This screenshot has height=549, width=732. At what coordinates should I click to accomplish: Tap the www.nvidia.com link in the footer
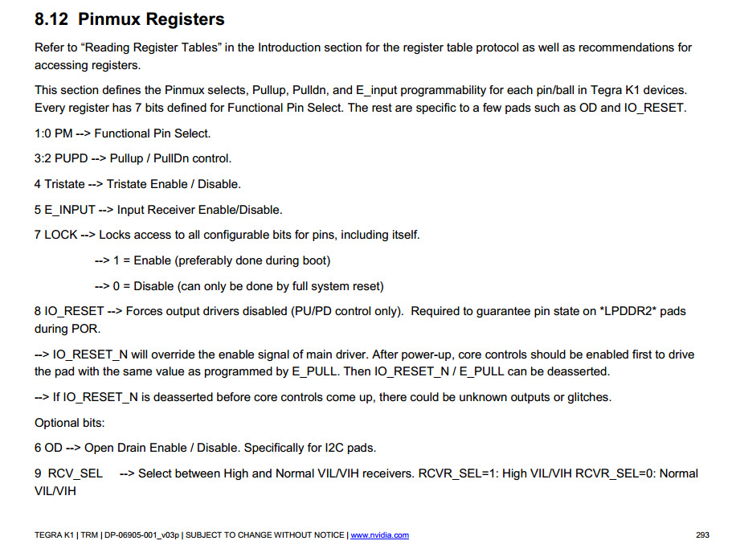click(379, 535)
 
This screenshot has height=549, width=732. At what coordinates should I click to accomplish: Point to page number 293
click(703, 535)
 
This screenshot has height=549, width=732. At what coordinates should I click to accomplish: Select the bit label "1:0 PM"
click(53, 133)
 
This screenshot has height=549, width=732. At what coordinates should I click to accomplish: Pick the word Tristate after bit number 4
click(64, 184)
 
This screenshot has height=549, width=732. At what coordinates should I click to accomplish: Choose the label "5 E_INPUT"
click(65, 210)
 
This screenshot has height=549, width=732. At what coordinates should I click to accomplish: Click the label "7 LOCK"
click(56, 235)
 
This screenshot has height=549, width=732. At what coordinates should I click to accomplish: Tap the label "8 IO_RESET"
click(69, 311)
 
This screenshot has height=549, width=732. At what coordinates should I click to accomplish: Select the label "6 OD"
click(47, 448)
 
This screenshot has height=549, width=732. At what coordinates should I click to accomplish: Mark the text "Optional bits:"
click(70, 423)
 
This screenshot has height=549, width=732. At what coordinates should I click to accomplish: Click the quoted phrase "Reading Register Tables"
click(150, 47)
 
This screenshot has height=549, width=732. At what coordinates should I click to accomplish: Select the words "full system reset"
click(337, 286)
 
